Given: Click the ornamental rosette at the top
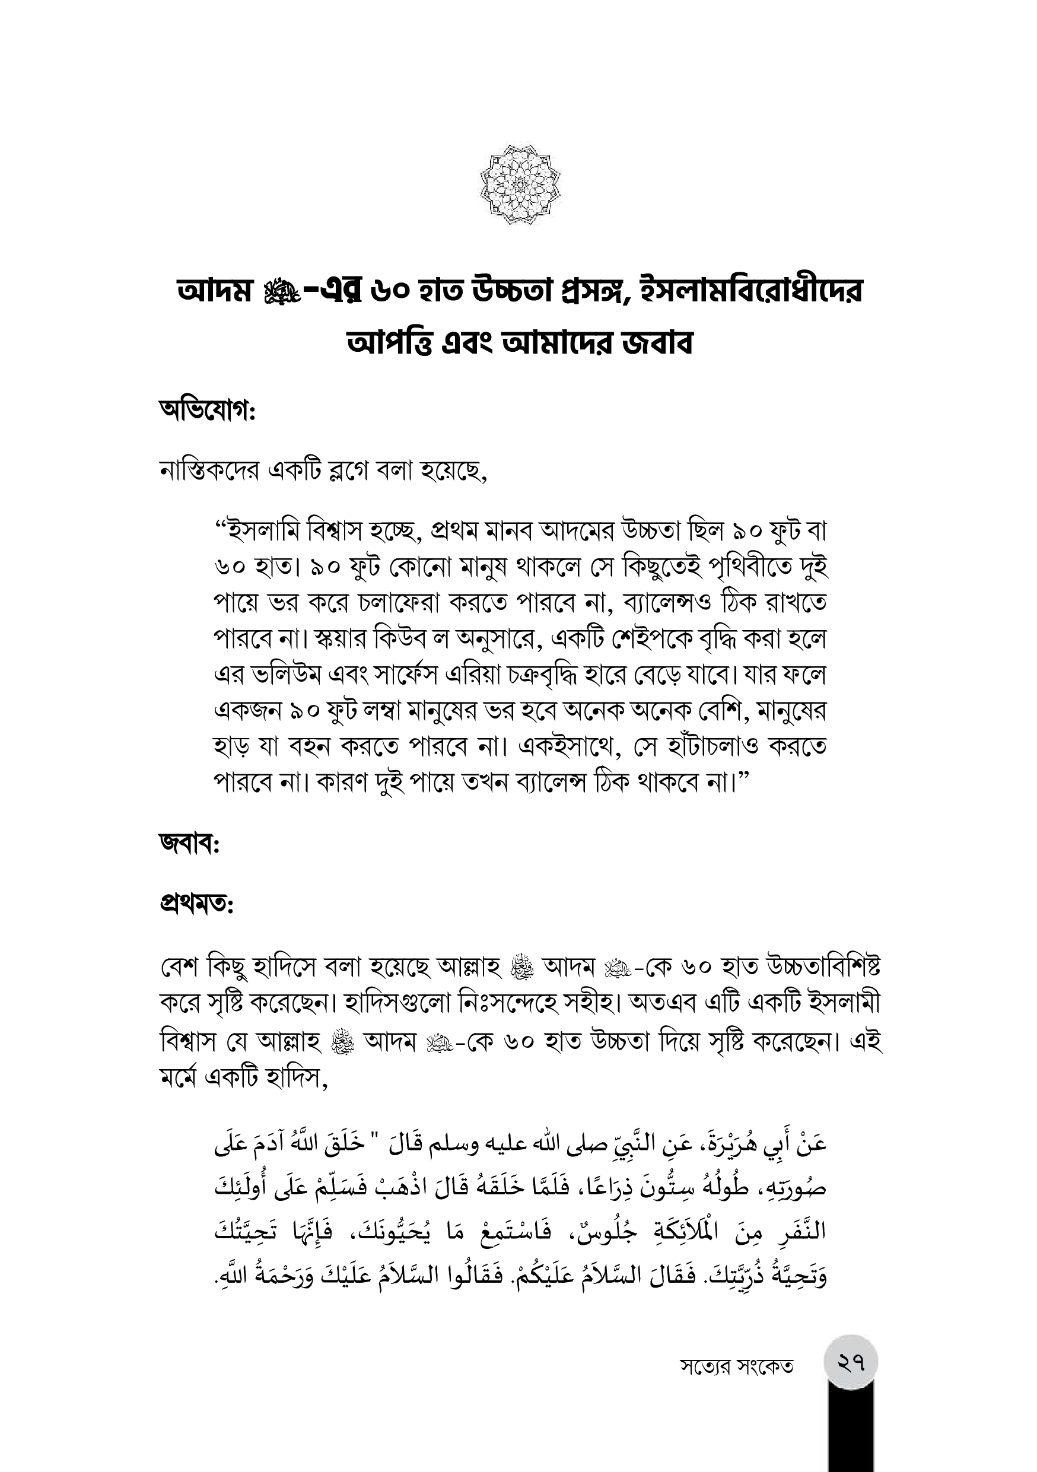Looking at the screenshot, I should [520, 185].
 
